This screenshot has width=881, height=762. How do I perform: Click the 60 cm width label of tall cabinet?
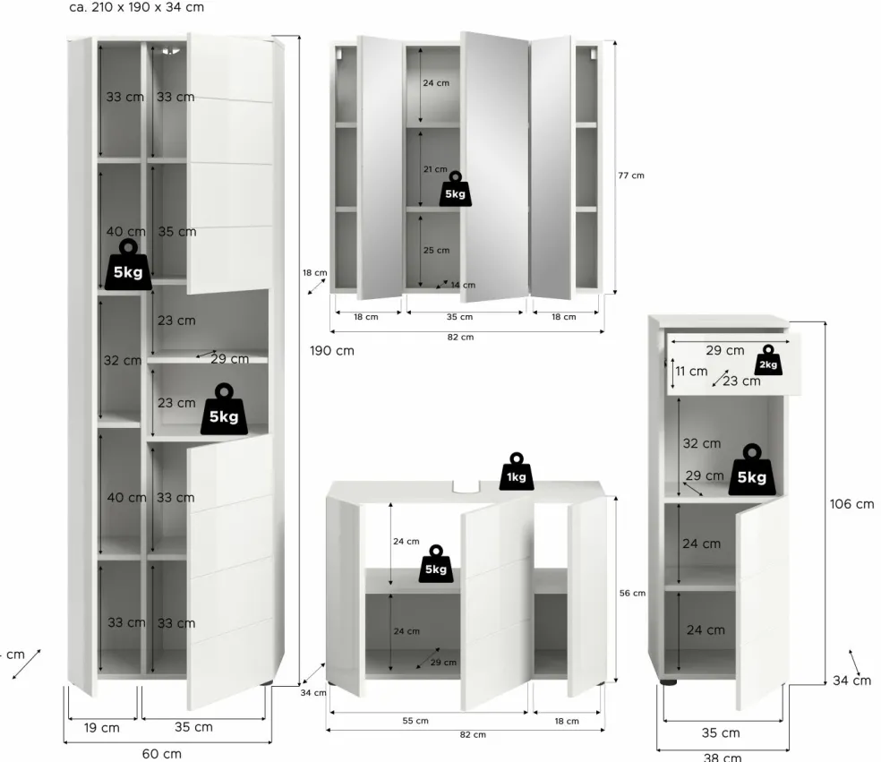161,753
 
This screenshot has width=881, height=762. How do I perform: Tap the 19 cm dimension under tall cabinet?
101,727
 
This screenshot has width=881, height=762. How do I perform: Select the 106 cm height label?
851,504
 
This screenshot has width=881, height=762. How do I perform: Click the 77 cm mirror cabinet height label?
630,176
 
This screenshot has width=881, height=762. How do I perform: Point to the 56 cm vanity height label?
632,594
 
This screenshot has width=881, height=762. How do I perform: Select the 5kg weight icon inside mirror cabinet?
455,190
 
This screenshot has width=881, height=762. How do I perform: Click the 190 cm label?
332,351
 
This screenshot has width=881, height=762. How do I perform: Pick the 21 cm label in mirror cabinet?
435,169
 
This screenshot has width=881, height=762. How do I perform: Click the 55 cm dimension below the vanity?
416,721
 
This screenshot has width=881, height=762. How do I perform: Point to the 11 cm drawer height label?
691,371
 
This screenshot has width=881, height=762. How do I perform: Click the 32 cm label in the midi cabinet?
701,443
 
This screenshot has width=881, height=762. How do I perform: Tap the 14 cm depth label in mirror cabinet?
463,285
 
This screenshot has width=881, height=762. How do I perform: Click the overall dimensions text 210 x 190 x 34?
136,7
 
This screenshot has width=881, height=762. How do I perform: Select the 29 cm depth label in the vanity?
443,663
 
